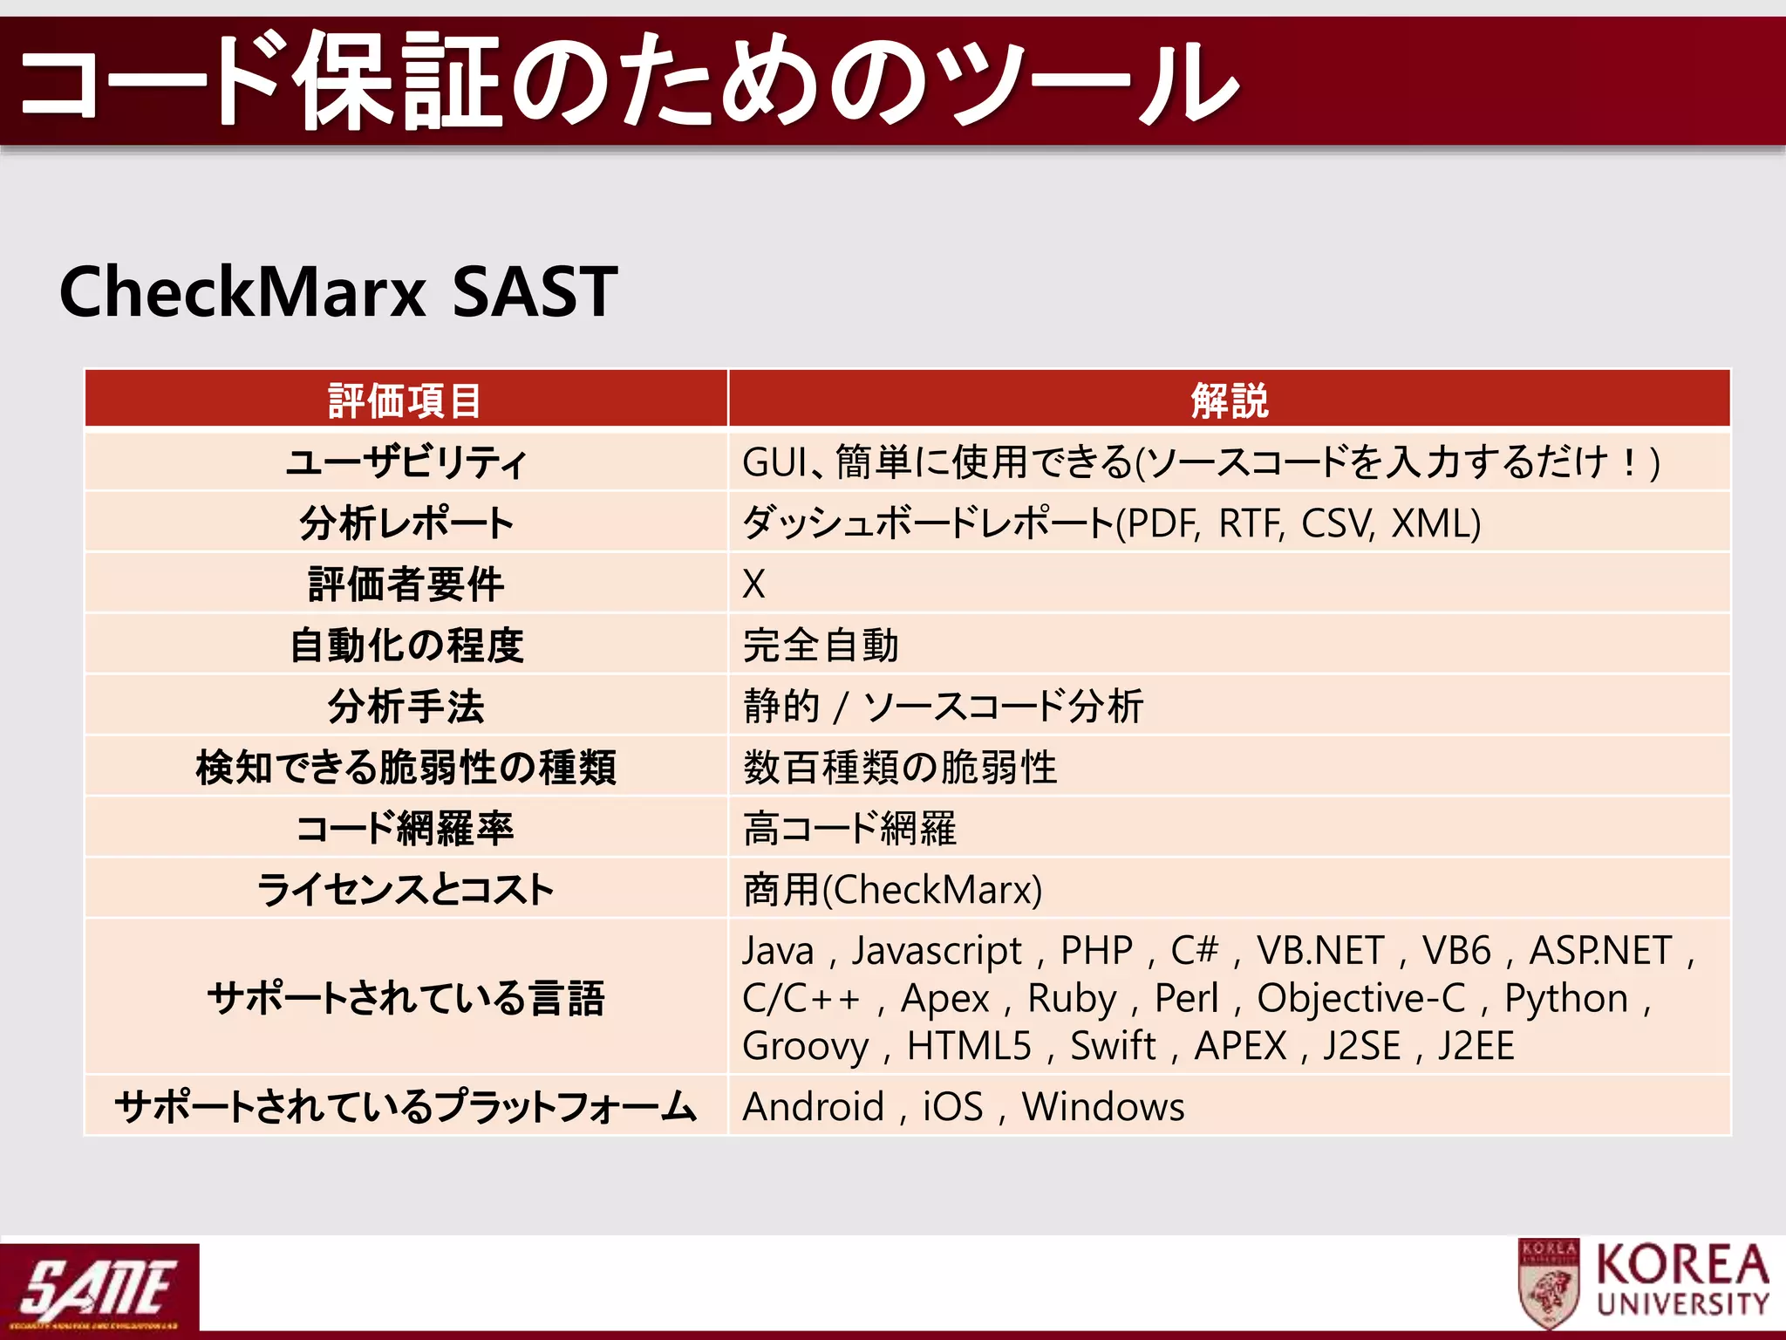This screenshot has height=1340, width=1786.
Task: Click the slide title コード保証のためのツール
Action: [x=628, y=80]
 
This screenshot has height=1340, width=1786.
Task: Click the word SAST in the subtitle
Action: [x=535, y=292]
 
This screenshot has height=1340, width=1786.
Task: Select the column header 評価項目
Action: [x=406, y=400]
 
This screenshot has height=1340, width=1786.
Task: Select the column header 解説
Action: [x=1229, y=400]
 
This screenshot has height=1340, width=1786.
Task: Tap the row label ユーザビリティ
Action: [x=406, y=461]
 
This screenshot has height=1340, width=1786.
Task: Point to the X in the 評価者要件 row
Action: [x=753, y=584]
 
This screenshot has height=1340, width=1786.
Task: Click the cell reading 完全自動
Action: [x=821, y=645]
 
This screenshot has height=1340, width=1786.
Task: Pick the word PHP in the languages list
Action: [x=1096, y=950]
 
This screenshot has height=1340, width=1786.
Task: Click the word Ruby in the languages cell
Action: [x=1072, y=998]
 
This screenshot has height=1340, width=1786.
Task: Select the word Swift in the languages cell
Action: [x=1113, y=1045]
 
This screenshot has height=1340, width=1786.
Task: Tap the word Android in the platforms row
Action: [x=813, y=1106]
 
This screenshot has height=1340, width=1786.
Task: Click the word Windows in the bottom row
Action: [x=1103, y=1106]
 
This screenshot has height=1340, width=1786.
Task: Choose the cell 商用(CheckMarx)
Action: [x=892, y=889]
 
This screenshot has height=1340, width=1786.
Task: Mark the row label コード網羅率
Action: [x=406, y=828]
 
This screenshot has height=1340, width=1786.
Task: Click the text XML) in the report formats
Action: [x=1435, y=523]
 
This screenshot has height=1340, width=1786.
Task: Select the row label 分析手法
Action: [x=406, y=706]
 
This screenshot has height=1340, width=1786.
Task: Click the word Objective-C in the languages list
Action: [x=1361, y=998]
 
